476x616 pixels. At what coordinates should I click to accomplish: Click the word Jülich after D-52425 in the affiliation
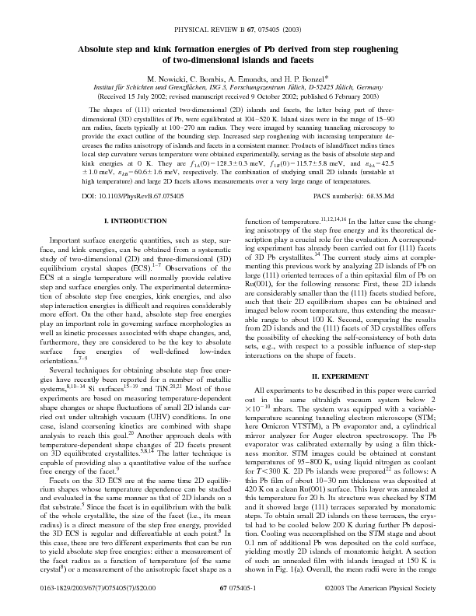coord(350,89)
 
